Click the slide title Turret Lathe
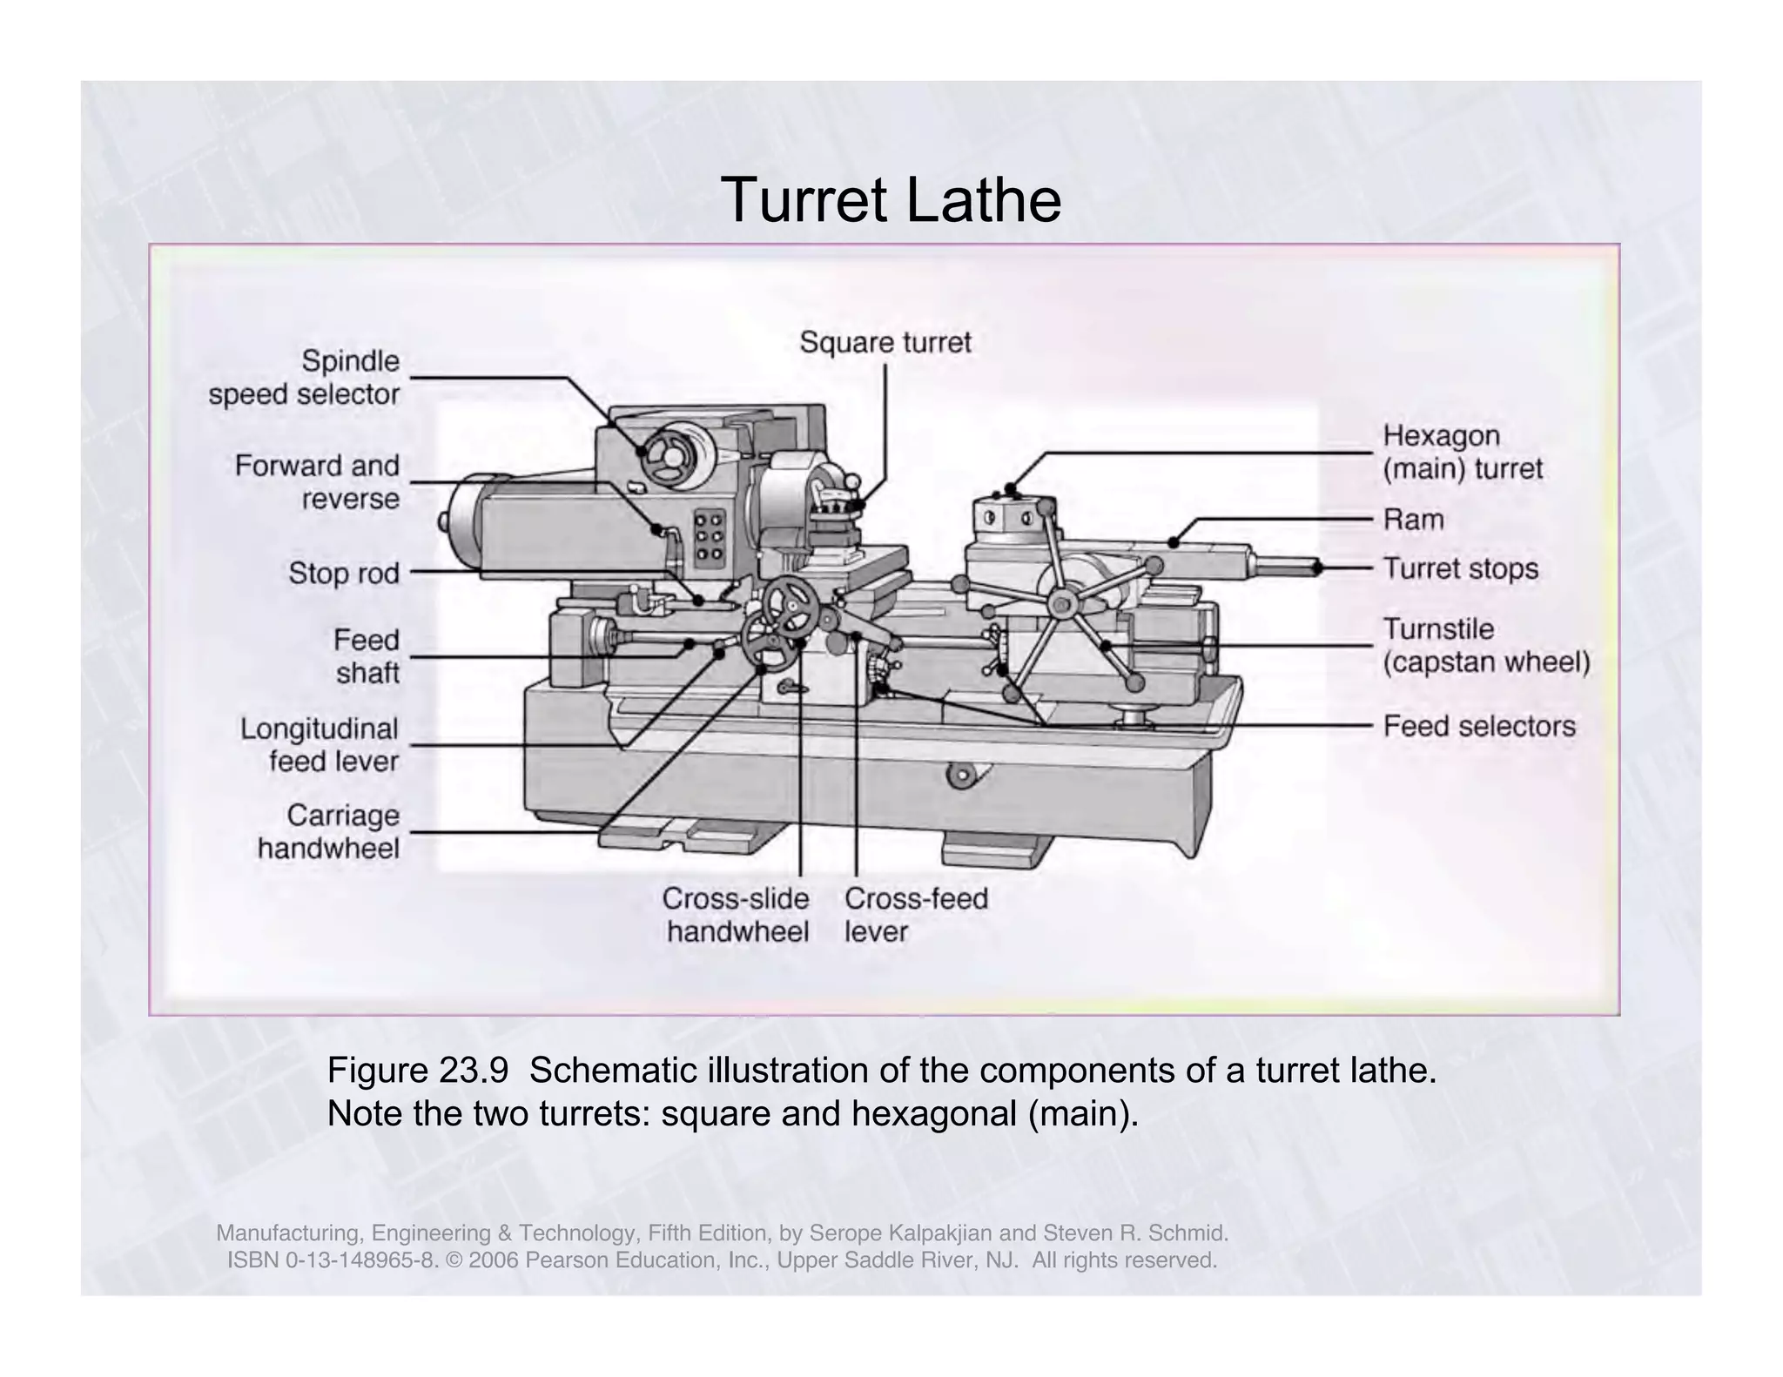891,200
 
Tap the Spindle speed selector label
304,377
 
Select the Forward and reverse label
318,481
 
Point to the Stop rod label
344,574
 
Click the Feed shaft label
367,656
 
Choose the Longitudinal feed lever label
320,744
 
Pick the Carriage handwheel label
329,831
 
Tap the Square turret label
885,342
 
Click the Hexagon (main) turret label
1462,452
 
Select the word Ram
1413,520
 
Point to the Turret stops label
1460,568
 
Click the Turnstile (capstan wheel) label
1485,645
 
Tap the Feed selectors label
1478,726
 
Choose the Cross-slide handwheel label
737,915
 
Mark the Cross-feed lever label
916,915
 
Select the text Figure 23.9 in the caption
417,1070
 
